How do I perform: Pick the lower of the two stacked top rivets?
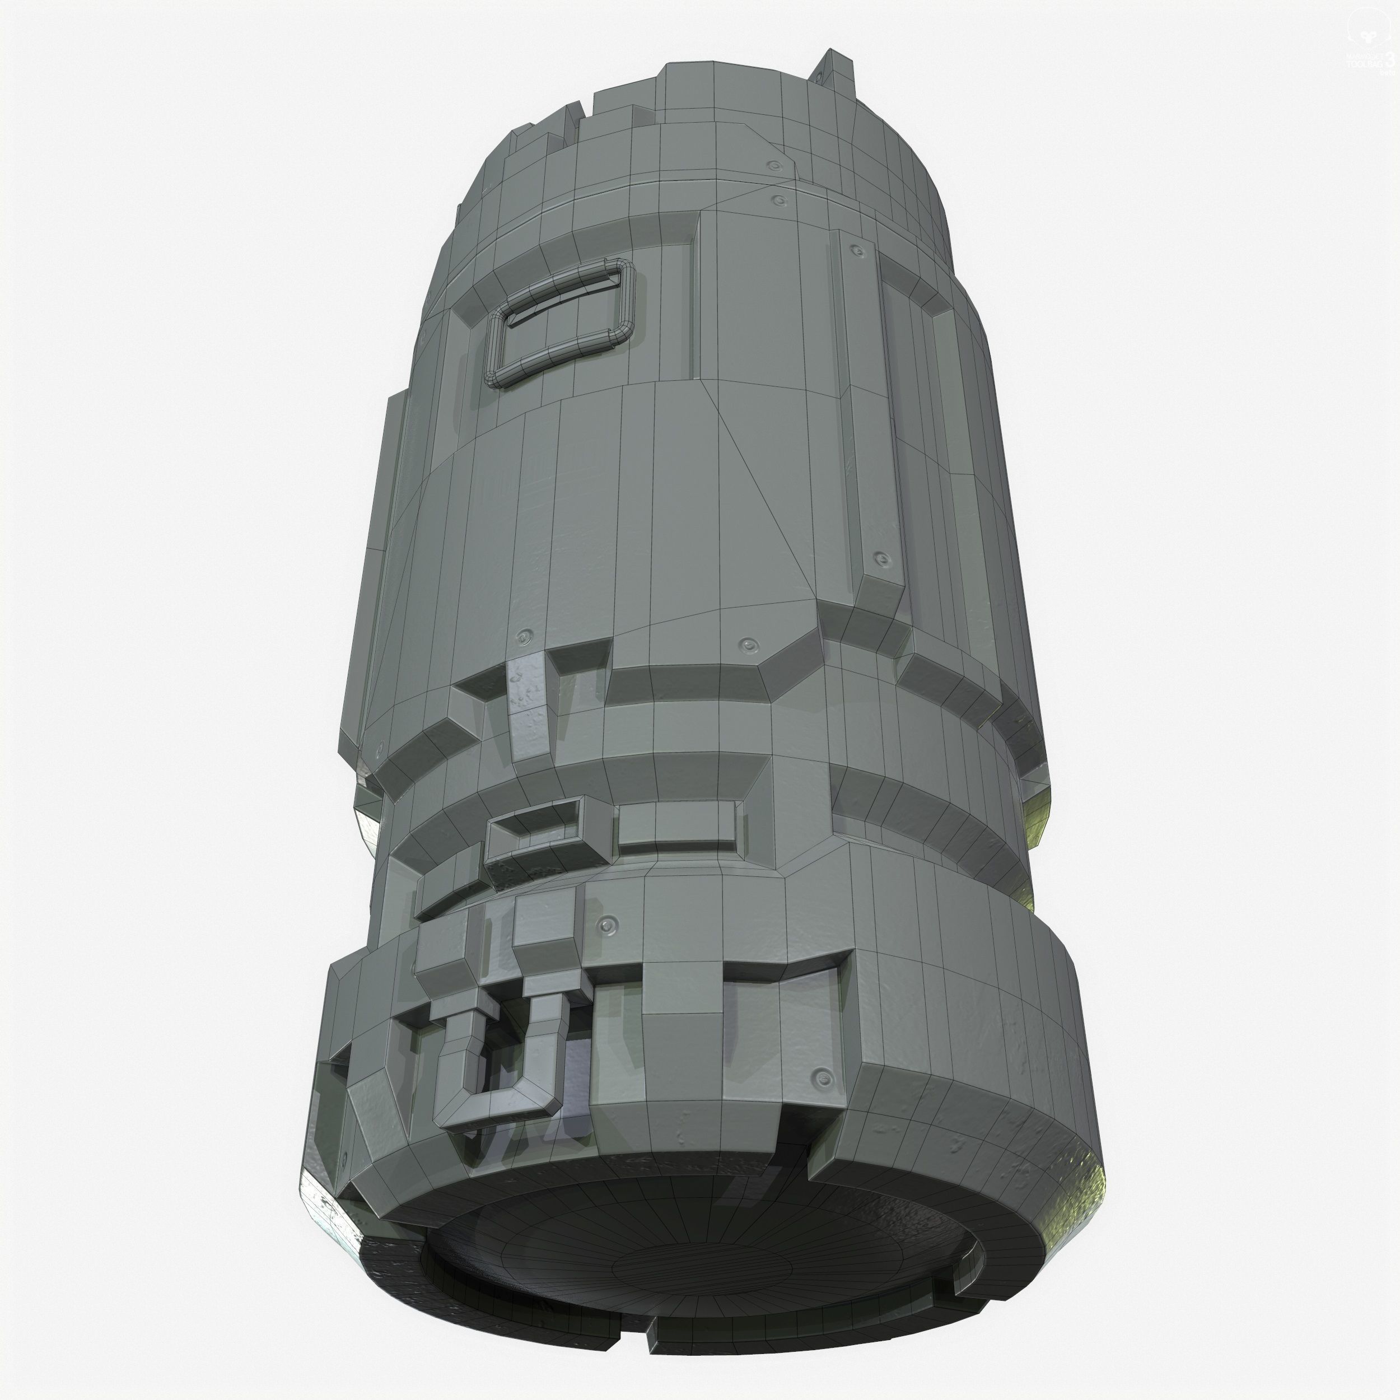(x=780, y=200)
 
